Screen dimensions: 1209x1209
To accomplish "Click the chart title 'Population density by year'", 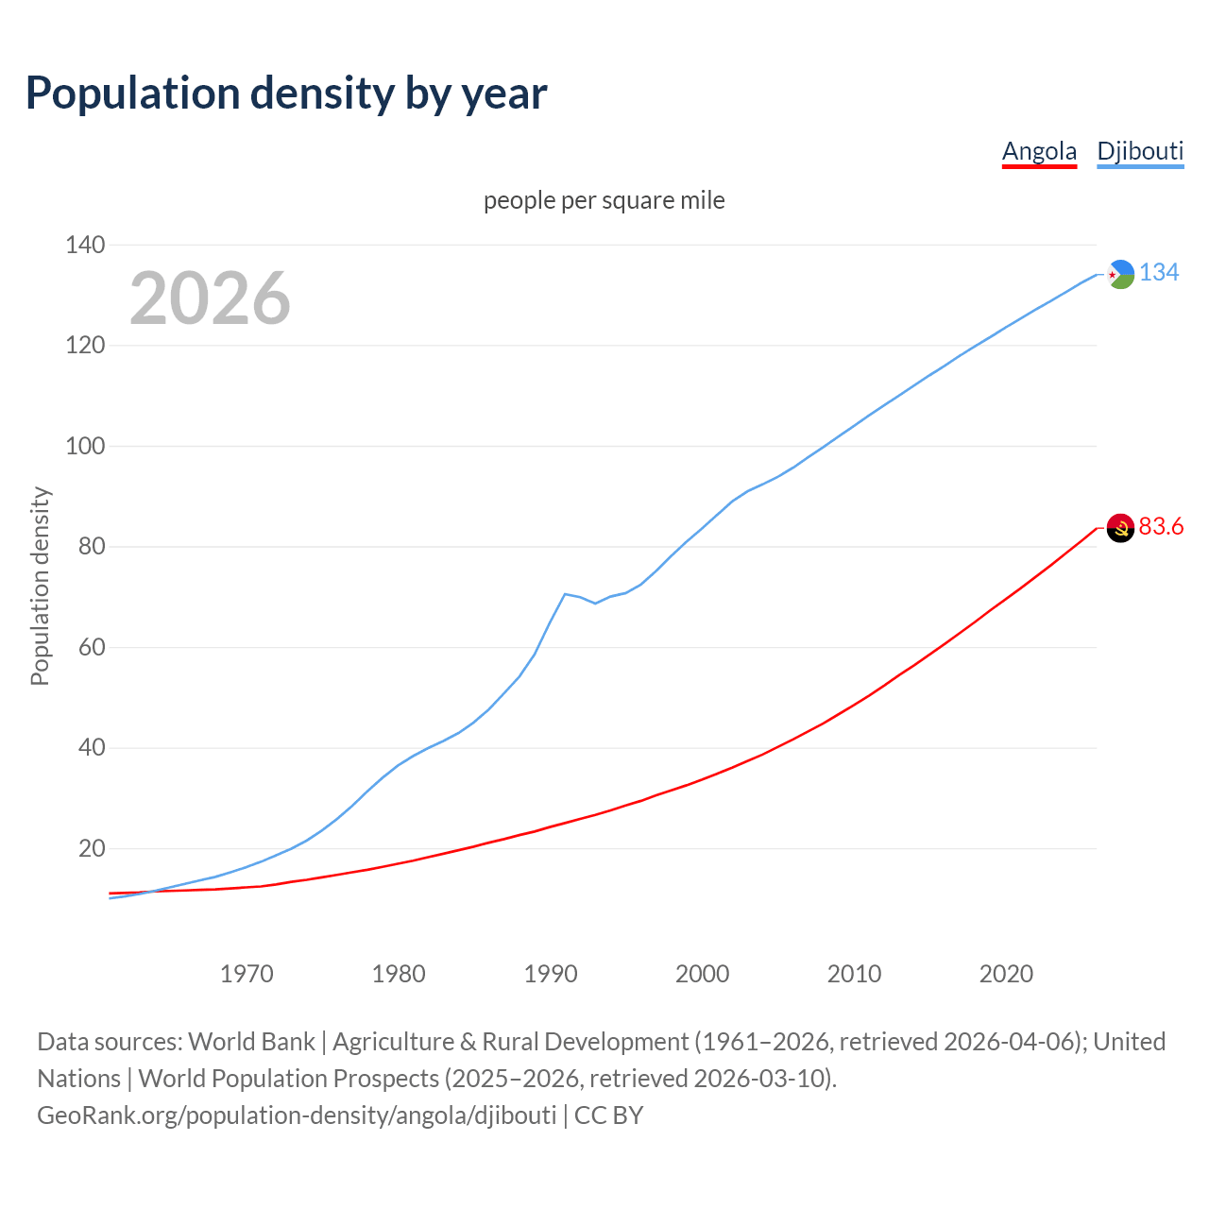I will tap(286, 94).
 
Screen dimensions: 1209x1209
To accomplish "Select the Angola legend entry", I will tap(1039, 151).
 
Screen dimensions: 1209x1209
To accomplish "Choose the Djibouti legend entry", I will tap(1140, 151).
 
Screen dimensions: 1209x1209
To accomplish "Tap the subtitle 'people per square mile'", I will tap(604, 200).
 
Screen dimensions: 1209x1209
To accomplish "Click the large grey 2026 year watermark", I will tap(210, 298).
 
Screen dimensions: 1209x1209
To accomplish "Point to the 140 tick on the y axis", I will tap(85, 246).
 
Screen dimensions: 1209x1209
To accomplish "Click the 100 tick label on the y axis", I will tap(85, 446).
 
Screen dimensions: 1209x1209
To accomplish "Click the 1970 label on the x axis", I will tap(247, 974).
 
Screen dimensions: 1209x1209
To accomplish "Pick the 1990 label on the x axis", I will tap(551, 974).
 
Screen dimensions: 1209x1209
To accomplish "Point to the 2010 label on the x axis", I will tap(854, 974).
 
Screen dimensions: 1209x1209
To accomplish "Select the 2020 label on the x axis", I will tap(1006, 974).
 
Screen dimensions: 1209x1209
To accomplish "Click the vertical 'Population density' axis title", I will tap(40, 586).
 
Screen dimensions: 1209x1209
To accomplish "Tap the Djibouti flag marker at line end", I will tap(1120, 274).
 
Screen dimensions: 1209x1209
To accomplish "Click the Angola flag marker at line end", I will tap(1120, 528).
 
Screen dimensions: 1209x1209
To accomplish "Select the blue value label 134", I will tap(1159, 273).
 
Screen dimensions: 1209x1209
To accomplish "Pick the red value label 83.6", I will tap(1161, 527).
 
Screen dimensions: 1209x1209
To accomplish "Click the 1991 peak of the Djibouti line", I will tap(565, 594).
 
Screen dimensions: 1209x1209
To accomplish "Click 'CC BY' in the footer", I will tap(608, 1115).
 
